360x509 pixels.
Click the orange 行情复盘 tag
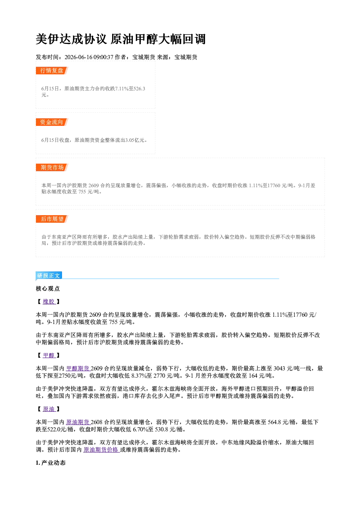point(52,70)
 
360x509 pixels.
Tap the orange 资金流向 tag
point(52,122)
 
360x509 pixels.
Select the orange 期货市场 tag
point(52,167)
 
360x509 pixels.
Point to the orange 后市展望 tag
point(52,219)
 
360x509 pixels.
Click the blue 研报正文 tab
point(49,275)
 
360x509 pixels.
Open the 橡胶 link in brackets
point(49,301)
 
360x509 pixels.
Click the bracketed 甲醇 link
point(49,355)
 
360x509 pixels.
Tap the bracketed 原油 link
point(49,409)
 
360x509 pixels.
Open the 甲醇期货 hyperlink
point(78,368)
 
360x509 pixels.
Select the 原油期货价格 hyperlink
point(101,450)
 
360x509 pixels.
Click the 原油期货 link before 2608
point(78,422)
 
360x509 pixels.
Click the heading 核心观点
point(48,288)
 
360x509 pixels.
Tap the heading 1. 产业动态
point(51,463)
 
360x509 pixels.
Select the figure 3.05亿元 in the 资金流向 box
point(135,140)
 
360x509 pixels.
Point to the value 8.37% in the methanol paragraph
point(139,375)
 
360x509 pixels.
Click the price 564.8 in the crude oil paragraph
point(274,422)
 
